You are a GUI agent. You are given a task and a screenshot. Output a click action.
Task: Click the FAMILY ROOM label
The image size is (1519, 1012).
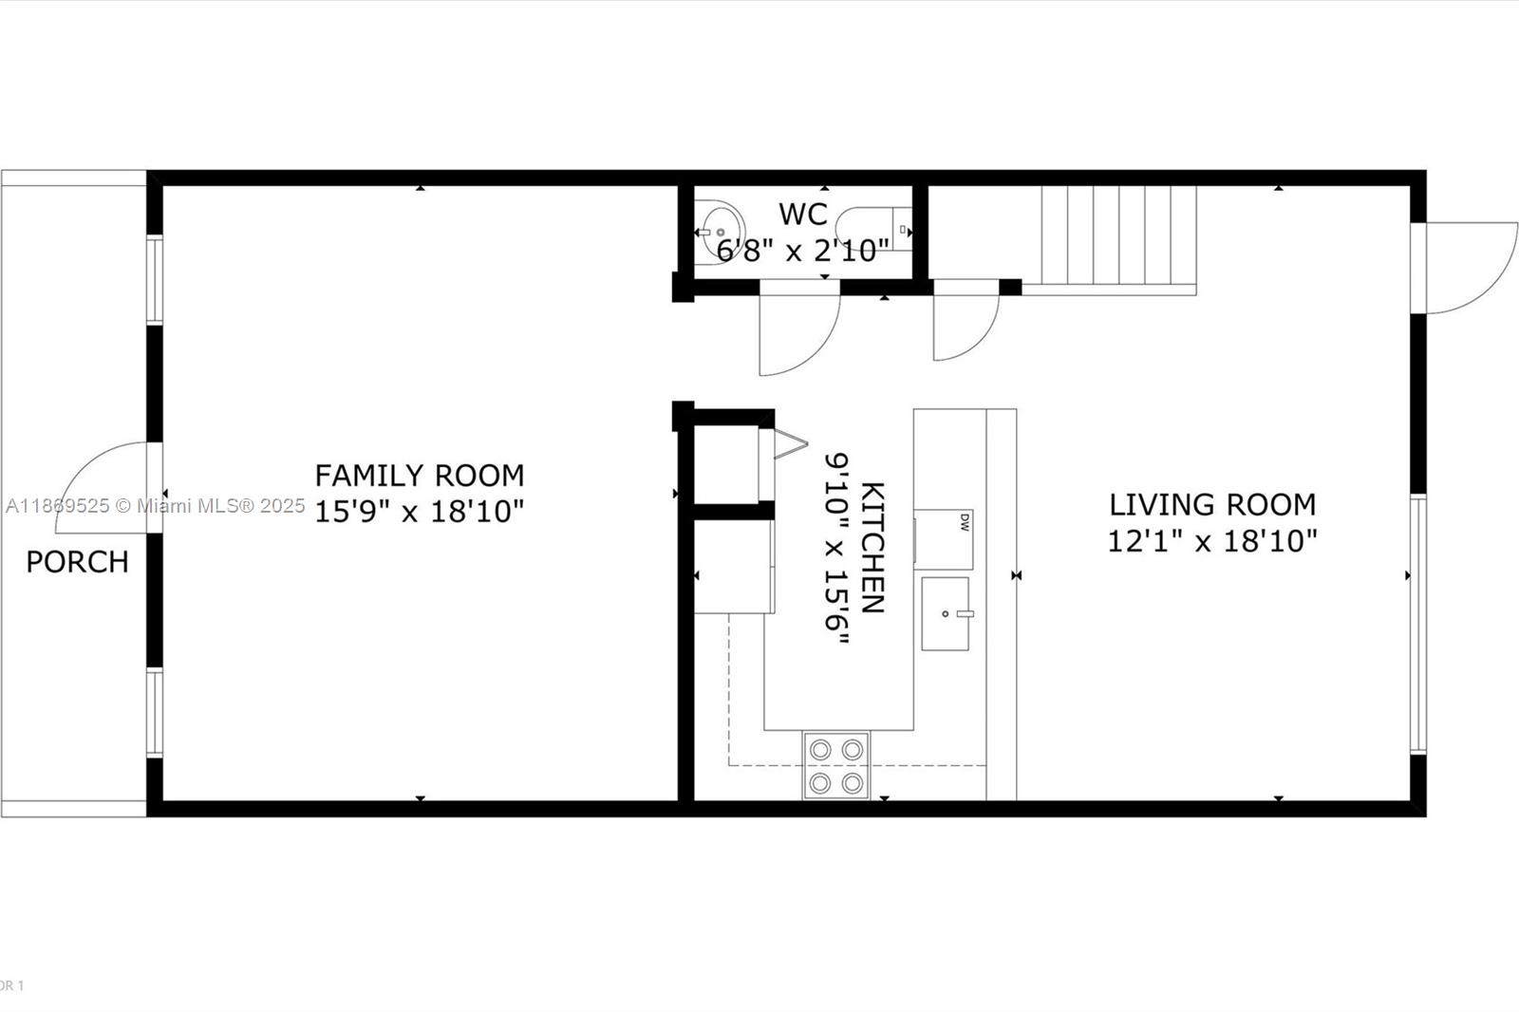click(419, 475)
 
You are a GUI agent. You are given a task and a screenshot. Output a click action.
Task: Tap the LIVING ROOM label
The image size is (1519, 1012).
click(1212, 504)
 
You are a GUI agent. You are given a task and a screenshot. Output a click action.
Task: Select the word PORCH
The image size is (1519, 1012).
click(77, 562)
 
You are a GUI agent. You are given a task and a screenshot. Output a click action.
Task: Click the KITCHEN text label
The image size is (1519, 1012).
click(872, 548)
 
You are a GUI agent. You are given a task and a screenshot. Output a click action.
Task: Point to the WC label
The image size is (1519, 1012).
click(803, 215)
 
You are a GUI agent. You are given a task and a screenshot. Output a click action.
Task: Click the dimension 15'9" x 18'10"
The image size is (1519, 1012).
click(419, 513)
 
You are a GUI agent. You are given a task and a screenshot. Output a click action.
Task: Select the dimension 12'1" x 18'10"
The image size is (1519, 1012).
click(1212, 542)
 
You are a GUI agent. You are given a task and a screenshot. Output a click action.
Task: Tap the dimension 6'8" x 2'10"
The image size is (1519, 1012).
click(803, 252)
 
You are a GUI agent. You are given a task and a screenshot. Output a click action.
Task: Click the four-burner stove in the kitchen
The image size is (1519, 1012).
click(836, 765)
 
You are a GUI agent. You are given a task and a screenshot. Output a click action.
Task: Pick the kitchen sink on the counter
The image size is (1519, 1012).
click(946, 613)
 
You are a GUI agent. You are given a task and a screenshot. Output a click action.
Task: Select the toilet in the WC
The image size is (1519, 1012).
click(869, 230)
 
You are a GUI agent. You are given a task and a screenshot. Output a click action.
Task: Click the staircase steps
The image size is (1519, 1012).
click(1118, 235)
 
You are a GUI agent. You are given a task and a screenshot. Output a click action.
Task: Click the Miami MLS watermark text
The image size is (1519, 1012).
click(156, 506)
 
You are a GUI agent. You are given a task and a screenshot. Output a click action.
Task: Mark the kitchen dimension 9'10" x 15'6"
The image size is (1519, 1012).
click(836, 548)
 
